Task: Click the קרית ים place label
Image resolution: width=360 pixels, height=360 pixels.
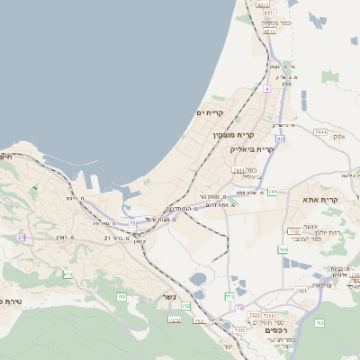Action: click(233, 112)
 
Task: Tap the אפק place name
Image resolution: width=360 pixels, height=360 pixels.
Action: click(339, 137)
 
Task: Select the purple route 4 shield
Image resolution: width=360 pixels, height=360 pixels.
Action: click(267, 89)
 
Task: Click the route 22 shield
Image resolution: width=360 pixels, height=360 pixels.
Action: click(280, 139)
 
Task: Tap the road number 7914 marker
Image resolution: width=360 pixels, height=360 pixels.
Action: click(319, 131)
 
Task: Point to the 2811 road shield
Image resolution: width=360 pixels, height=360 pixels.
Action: click(238, 169)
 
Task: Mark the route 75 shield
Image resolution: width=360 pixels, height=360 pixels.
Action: click(133, 222)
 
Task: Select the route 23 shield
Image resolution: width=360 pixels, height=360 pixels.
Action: click(20, 237)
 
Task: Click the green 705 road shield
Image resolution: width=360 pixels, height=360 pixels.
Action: click(121, 296)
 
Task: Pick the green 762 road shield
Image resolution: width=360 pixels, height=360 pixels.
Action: click(319, 322)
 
